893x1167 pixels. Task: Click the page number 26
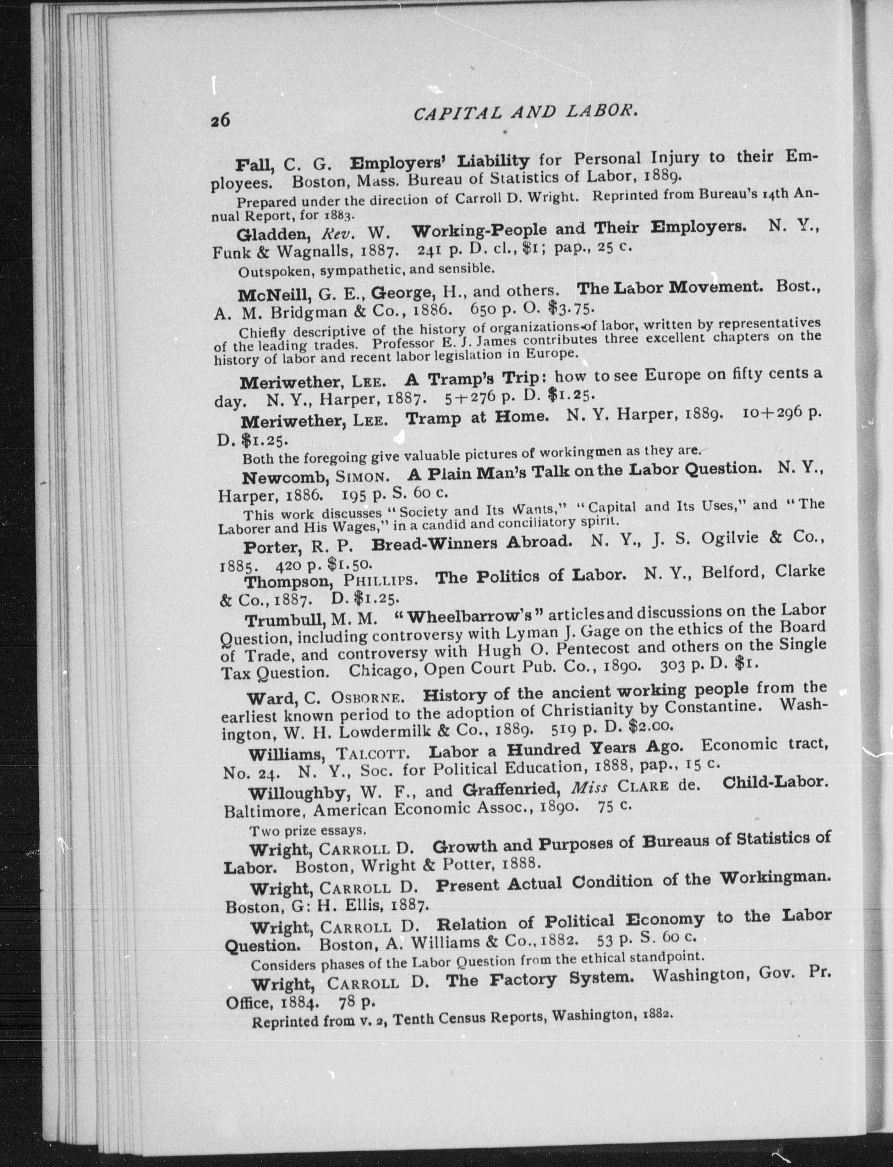(x=220, y=120)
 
